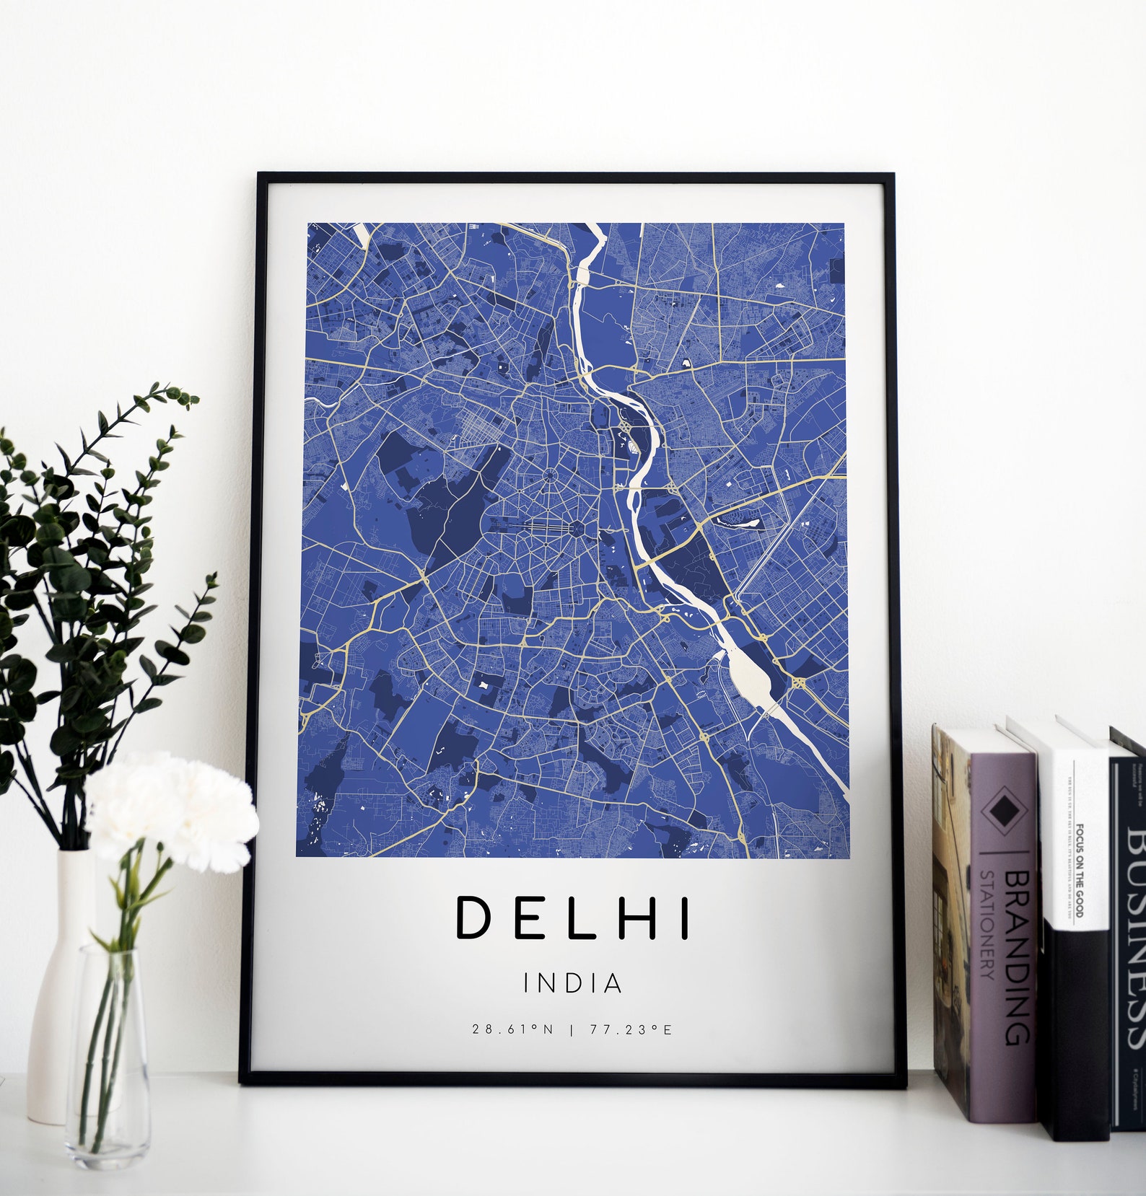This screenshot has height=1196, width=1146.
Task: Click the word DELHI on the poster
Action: click(x=573, y=917)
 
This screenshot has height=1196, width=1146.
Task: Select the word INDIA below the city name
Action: click(x=573, y=983)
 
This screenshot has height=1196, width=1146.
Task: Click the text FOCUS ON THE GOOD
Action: click(x=1080, y=869)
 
